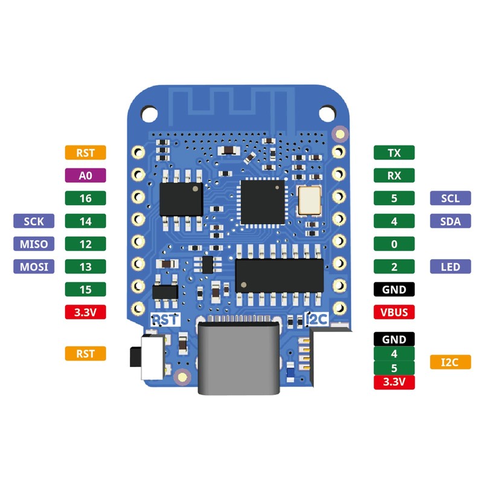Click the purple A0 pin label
(x=85, y=175)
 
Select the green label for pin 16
(x=85, y=198)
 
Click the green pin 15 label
(x=85, y=289)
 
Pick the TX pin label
(x=394, y=153)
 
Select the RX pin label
(x=394, y=175)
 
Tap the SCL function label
(x=450, y=198)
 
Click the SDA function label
(x=450, y=221)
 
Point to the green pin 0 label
(x=394, y=244)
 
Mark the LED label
(x=450, y=266)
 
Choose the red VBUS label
(x=394, y=312)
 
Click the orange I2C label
(x=450, y=362)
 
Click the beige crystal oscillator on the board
(x=310, y=200)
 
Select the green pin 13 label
(x=85, y=266)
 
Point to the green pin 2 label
(x=394, y=266)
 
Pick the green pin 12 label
(x=85, y=244)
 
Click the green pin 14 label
(x=85, y=221)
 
